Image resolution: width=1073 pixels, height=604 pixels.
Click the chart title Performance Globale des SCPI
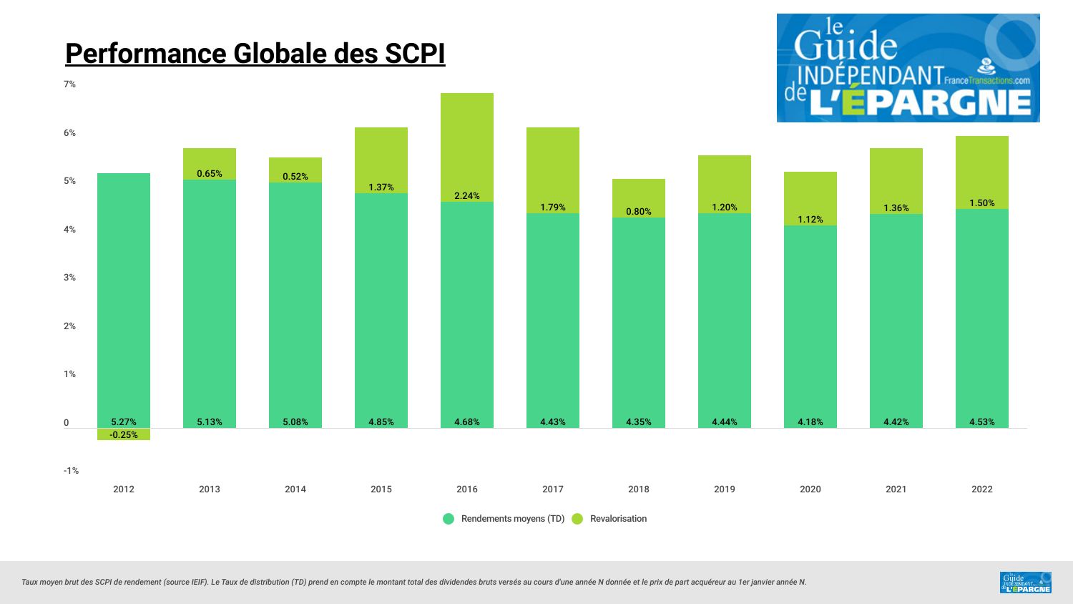[255, 54]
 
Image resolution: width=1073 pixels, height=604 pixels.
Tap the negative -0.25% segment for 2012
[124, 434]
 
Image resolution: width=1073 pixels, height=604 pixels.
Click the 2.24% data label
[466, 196]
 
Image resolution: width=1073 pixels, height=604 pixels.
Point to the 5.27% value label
[124, 422]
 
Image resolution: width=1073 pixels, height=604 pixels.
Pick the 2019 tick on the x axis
[724, 489]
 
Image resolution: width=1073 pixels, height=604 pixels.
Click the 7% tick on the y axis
[69, 84]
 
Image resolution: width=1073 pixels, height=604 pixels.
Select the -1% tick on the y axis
[71, 471]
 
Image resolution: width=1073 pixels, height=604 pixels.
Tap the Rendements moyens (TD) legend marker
[449, 519]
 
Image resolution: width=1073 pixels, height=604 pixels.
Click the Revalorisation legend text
[618, 519]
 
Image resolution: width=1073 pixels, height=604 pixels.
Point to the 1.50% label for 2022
[981, 203]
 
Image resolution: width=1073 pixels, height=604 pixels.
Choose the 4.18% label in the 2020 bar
[810, 422]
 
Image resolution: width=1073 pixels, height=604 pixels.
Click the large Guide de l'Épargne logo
[908, 68]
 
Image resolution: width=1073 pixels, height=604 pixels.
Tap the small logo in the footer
[1026, 583]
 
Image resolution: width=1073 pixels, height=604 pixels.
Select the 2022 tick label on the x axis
[981, 489]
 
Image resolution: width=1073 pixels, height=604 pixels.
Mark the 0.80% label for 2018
[638, 212]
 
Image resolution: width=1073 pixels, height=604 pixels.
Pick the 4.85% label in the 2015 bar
[381, 422]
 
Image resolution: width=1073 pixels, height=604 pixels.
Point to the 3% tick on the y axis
[69, 278]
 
